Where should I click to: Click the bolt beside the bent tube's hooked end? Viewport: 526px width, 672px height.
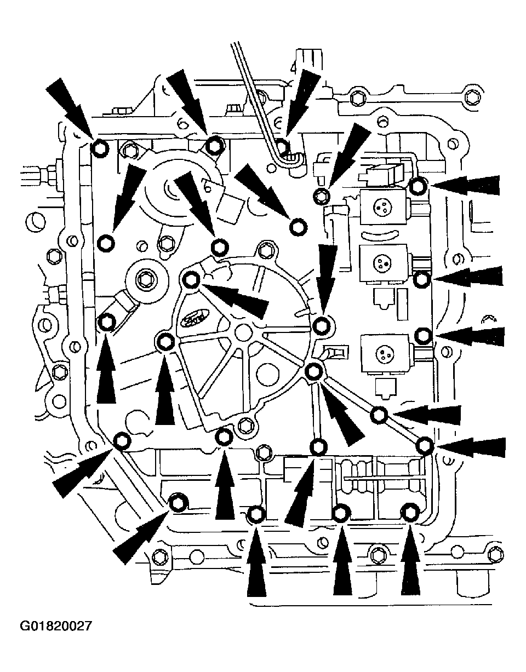[282, 146]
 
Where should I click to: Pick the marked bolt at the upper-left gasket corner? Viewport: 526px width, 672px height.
[99, 148]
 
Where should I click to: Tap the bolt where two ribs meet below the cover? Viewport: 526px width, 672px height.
[313, 372]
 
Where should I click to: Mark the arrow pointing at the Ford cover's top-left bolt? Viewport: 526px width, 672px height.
[236, 298]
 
